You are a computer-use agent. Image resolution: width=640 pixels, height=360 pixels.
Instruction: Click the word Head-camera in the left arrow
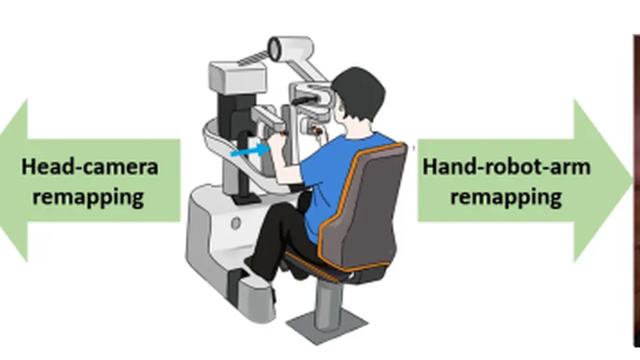pos(90,167)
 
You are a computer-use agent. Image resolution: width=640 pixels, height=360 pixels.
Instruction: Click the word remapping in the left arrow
pos(88,197)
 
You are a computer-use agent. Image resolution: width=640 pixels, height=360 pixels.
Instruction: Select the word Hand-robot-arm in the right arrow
pos(506,167)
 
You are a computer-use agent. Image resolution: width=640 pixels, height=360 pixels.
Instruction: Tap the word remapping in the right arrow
pos(506,197)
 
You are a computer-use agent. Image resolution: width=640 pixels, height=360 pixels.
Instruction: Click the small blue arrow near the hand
pos(249,151)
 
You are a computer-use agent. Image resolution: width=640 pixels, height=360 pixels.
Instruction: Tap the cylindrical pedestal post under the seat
pos(328,302)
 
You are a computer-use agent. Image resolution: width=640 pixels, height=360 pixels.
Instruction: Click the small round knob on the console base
pos(235,223)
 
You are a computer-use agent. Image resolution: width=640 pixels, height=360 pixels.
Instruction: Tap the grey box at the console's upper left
pos(237,77)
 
